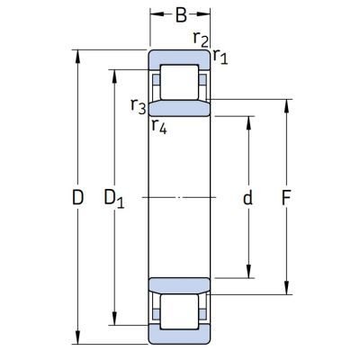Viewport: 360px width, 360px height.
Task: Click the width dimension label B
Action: pos(181,15)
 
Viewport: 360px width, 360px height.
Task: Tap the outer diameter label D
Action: pos(77,197)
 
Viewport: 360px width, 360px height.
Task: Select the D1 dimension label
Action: pos(114,199)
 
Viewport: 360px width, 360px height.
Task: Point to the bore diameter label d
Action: pos(247,197)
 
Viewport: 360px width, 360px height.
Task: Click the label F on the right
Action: pos(286,198)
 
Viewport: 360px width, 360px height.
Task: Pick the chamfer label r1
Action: pos(220,57)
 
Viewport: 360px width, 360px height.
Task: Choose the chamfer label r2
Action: pos(201,39)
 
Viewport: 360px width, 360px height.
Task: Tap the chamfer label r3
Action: pos(139,106)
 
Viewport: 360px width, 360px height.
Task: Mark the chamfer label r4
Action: pos(159,126)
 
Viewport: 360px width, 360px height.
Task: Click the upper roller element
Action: pos(179,82)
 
